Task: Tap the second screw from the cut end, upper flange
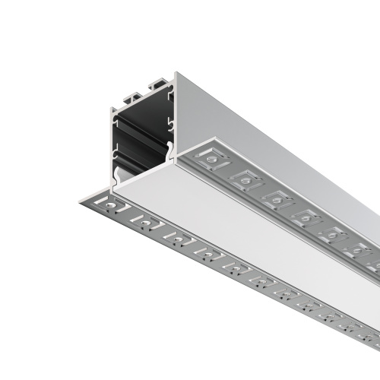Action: point(245,179)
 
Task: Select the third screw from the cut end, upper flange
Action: point(277,198)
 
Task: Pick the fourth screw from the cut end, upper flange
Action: point(306,217)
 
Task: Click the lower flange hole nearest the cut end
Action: point(112,205)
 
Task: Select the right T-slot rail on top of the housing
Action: point(159,82)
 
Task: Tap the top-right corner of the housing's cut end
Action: point(176,74)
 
